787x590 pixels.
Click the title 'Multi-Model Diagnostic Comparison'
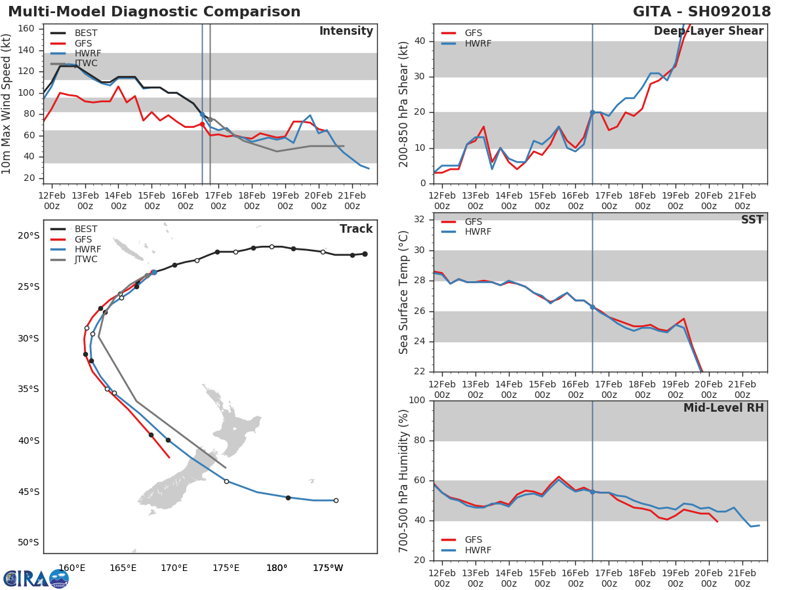coord(154,11)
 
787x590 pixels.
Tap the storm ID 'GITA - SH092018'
coord(702,11)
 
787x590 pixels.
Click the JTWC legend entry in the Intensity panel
coord(74,64)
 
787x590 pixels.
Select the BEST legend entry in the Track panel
coord(74,229)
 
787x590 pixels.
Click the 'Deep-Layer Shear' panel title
coord(708,31)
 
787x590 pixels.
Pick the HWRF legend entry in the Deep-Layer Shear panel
coord(466,43)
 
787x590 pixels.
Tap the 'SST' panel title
coord(752,220)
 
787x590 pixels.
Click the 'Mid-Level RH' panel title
coord(723,408)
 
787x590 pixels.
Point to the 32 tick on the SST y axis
coord(420,219)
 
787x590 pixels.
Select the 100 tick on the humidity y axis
coord(417,400)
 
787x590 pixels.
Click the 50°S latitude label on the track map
coord(28,542)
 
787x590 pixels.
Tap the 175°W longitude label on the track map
coord(328,568)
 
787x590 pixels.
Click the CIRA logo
coord(35,579)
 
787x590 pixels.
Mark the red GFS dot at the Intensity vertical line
coord(202,125)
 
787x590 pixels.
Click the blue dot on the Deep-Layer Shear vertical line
coord(592,113)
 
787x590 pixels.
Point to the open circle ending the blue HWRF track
coord(336,500)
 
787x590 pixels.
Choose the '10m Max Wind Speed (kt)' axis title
coord(6,104)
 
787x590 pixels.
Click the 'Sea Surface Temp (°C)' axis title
coord(403,292)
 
